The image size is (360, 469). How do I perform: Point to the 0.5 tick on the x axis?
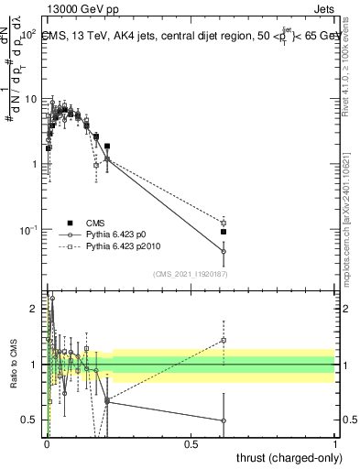(191, 443)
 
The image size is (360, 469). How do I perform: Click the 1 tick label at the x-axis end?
(334, 443)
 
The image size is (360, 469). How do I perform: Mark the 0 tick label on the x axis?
(47, 443)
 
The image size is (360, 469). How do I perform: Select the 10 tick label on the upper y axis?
(30, 99)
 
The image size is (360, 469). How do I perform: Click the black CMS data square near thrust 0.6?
(224, 232)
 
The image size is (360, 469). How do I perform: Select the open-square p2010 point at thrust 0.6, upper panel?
(224, 223)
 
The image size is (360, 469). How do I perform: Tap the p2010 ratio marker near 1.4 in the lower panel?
(224, 340)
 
